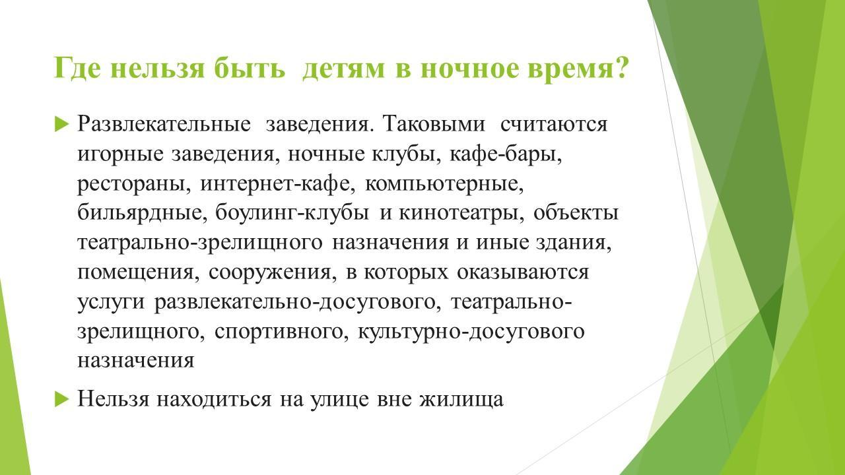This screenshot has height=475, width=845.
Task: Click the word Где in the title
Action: (78, 68)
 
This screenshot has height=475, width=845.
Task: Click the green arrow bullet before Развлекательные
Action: (62, 124)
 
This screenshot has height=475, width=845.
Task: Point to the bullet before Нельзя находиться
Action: (62, 399)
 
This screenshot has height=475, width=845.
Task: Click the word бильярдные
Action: (141, 212)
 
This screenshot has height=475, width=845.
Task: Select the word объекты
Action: (576, 212)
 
